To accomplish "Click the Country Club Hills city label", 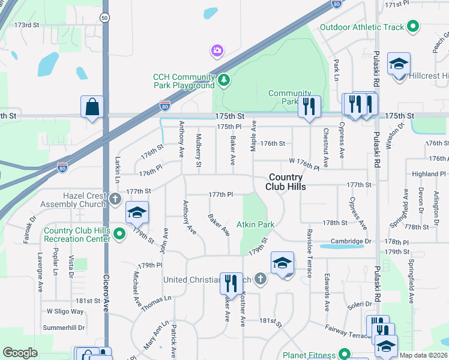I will click(287, 182).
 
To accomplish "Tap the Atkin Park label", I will click(255, 225).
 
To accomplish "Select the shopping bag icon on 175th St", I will click(92, 107).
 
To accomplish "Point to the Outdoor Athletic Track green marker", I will click(412, 26).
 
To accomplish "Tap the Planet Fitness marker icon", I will click(344, 353).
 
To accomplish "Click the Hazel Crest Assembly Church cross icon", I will click(116, 199).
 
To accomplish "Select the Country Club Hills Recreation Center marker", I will click(119, 233).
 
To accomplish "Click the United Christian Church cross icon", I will click(259, 278).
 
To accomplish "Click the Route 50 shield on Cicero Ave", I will click(105, 18).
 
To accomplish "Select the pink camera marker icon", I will click(217, 51).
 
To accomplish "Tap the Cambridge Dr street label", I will click(347, 241).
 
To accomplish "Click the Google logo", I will click(20, 353).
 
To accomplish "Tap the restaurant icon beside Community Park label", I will click(309, 106).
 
